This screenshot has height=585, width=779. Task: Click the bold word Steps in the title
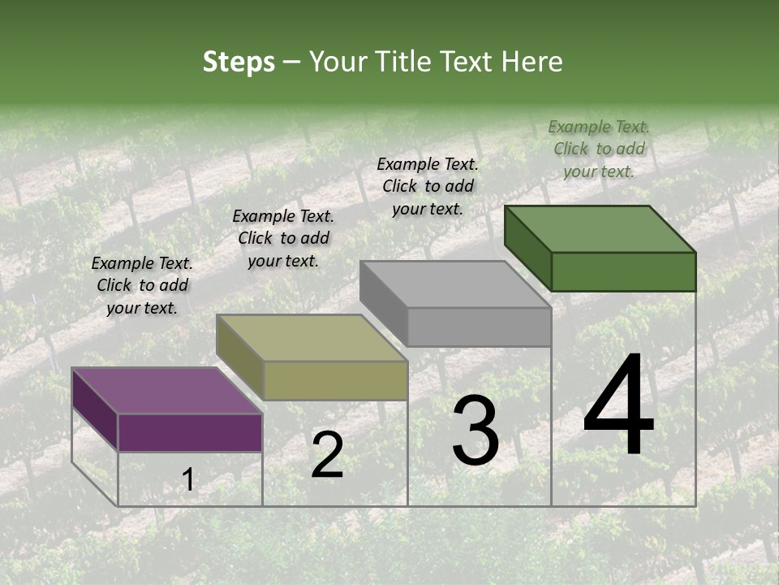(238, 62)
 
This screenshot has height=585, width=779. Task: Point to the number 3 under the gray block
(475, 431)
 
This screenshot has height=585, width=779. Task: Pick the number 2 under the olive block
(327, 455)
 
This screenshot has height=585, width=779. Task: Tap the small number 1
(188, 480)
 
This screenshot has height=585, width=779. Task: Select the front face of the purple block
(190, 432)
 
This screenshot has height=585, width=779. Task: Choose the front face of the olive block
(335, 380)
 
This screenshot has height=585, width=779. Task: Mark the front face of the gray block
(479, 327)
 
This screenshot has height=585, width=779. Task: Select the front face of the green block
(623, 271)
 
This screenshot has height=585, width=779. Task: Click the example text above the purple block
(142, 285)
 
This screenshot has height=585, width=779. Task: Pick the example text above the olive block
(283, 238)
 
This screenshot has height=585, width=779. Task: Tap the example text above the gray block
(428, 186)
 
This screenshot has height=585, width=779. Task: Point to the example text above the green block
(599, 149)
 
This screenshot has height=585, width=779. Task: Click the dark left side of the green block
(527, 247)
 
